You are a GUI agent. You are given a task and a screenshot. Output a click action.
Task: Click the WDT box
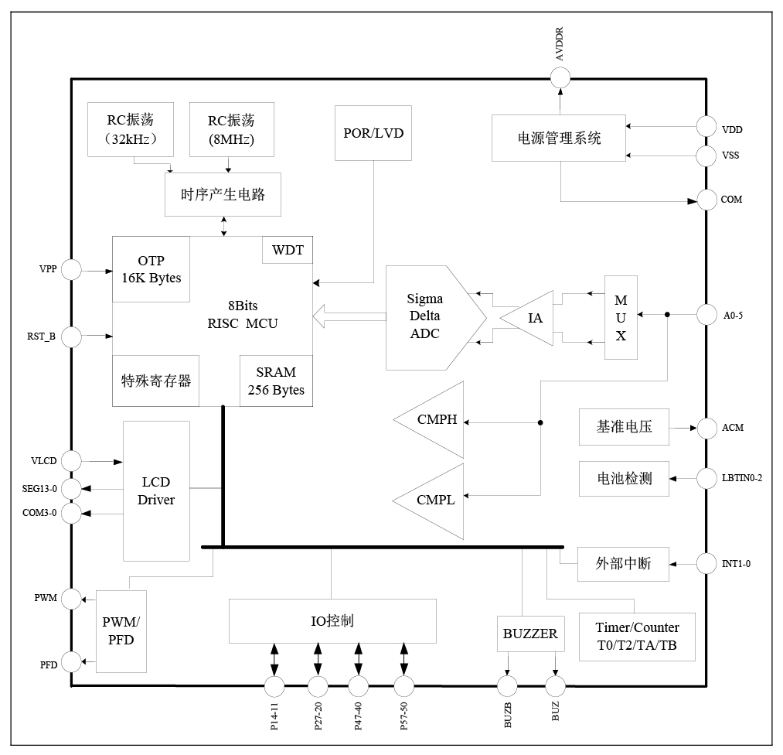click(288, 251)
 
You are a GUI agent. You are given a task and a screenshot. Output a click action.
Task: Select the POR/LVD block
click(373, 132)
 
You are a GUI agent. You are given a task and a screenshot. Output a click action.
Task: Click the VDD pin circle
click(706, 127)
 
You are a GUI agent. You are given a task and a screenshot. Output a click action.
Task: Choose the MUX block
click(621, 318)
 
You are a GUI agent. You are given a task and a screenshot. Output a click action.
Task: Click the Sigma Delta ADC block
click(430, 318)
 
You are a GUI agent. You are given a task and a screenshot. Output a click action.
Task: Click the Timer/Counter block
click(637, 637)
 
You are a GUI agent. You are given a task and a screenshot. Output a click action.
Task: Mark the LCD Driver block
click(156, 491)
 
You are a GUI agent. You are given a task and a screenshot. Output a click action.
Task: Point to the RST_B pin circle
click(71, 337)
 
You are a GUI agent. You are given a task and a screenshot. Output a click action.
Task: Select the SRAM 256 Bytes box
click(276, 381)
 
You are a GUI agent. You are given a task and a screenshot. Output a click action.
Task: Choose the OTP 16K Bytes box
click(151, 268)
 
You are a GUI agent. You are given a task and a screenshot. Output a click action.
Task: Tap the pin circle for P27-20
click(318, 686)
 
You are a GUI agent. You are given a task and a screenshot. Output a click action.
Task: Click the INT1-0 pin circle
click(706, 563)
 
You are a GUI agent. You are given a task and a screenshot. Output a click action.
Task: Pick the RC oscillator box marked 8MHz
click(230, 129)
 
